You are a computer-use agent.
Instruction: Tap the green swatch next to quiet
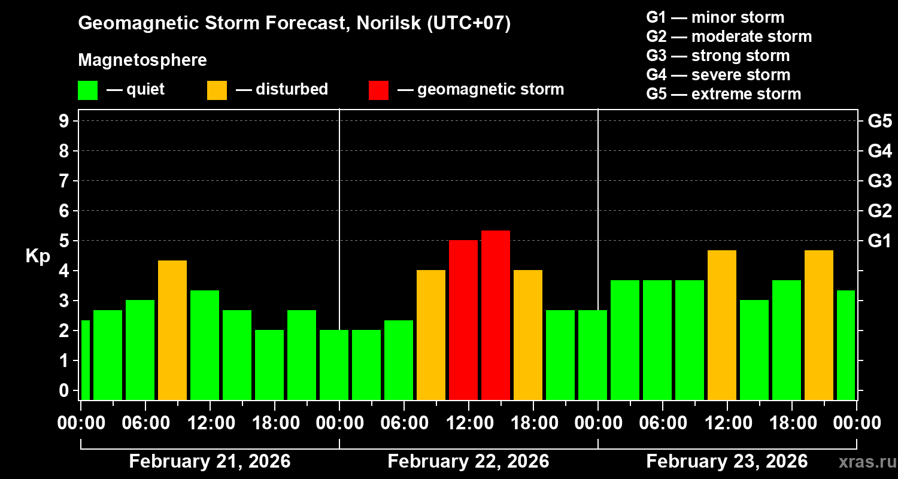[x=87, y=90]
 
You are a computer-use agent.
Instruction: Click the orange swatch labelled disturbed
[x=217, y=90]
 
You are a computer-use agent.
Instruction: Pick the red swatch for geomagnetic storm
[x=378, y=90]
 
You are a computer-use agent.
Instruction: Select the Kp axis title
[x=38, y=256]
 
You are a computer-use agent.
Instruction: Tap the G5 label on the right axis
[x=879, y=122]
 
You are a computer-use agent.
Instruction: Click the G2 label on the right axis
[x=879, y=211]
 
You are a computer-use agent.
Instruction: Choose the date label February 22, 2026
[x=468, y=462]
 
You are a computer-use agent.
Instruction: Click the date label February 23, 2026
[x=727, y=462]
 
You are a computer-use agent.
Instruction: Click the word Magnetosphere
[x=142, y=60]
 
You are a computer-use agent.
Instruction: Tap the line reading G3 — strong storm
[x=718, y=56]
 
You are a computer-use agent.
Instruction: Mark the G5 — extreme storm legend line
[x=723, y=94]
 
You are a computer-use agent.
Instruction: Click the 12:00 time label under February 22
[x=468, y=423]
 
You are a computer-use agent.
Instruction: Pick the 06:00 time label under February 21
[x=145, y=423]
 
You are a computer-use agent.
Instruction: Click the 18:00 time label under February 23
[x=791, y=423]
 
